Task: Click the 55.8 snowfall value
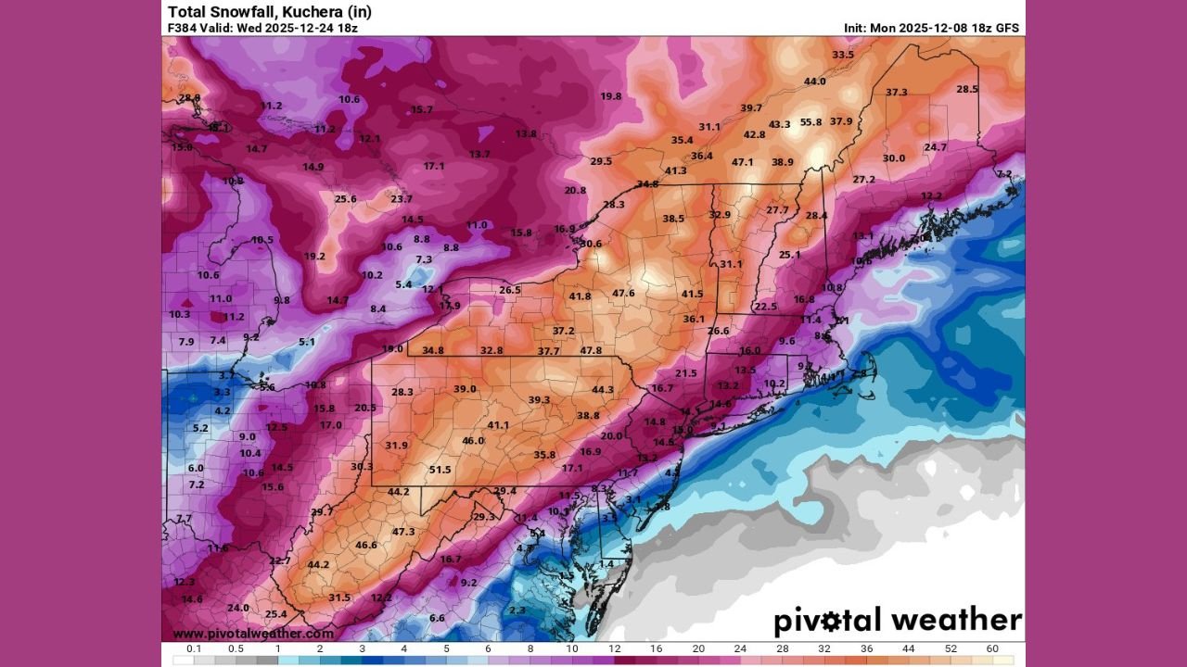point(810,122)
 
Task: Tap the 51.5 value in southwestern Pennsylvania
point(440,470)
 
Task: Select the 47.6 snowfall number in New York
point(623,294)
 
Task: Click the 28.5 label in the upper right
point(967,89)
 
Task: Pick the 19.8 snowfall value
point(610,96)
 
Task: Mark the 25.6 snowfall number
point(346,199)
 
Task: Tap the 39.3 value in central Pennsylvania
point(539,400)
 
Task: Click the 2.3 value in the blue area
point(517,610)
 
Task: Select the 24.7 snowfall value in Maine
point(935,147)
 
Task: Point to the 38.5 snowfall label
point(673,219)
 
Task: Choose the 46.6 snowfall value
point(366,545)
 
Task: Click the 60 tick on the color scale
point(992,648)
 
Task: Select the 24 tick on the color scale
point(739,648)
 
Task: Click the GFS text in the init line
point(1005,28)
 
